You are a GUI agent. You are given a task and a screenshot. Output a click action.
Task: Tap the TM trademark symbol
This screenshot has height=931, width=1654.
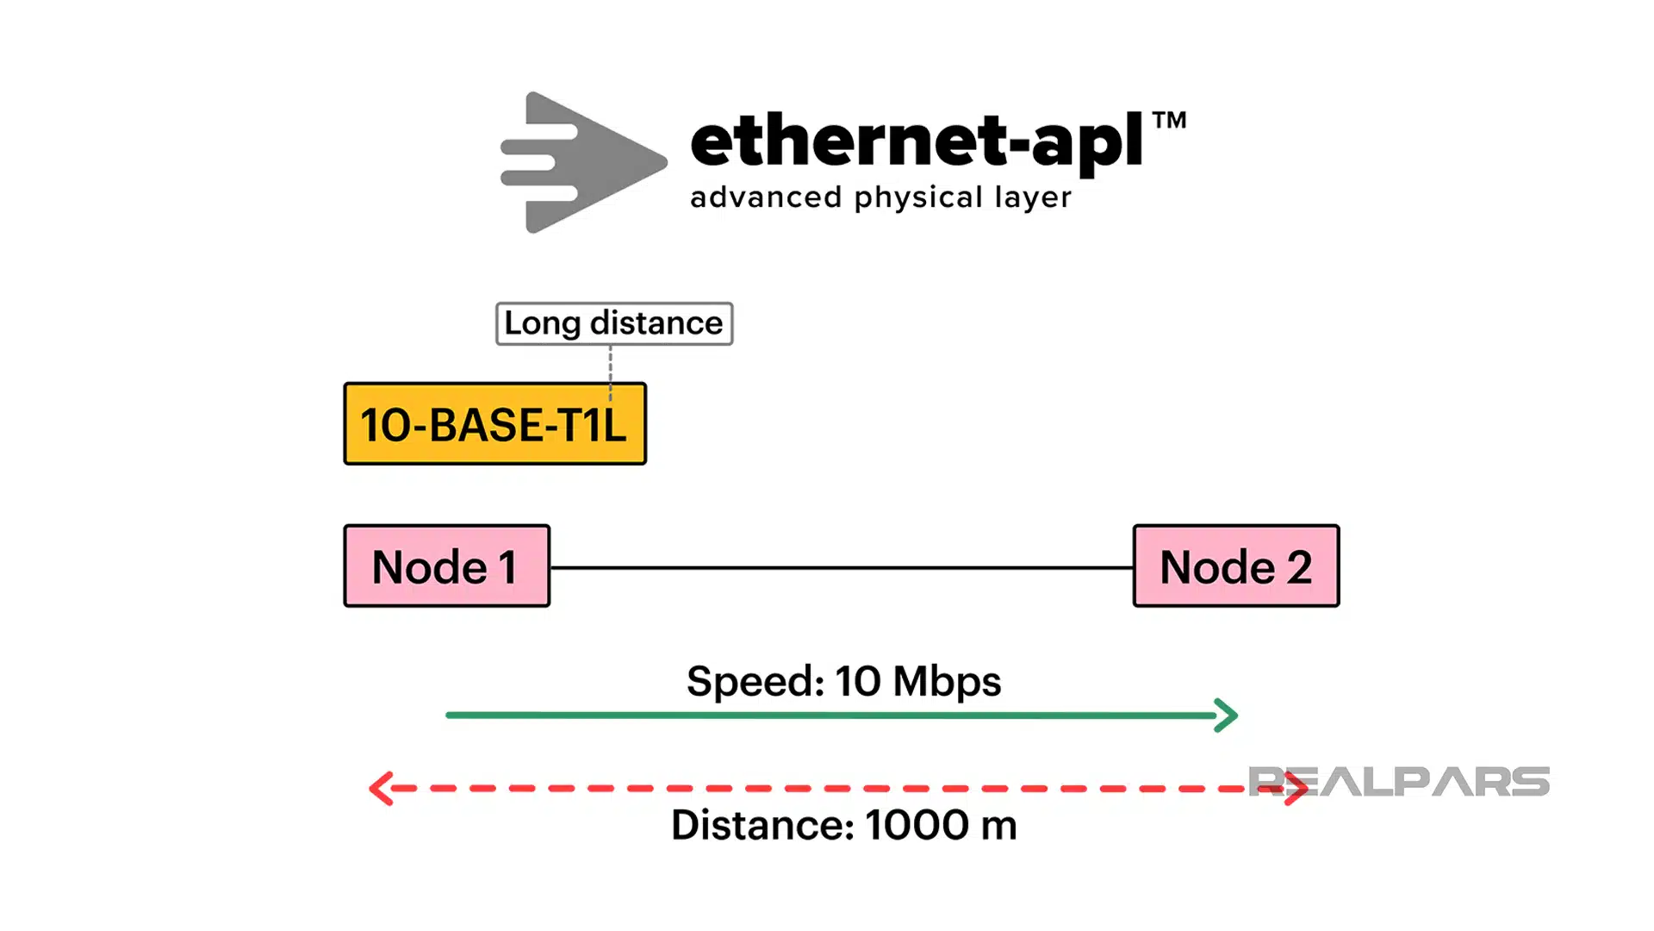coord(1169,120)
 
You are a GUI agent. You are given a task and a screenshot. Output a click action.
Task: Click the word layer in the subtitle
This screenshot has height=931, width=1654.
coord(1033,198)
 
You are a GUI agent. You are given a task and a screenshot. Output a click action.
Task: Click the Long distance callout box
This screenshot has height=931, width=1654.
coord(613,323)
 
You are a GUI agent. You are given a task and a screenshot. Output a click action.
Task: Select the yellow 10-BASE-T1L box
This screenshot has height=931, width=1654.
coord(494,424)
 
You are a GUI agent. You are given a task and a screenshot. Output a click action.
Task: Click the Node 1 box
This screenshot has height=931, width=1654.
coord(446,566)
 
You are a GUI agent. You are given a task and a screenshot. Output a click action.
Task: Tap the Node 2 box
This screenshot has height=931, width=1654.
coord(1235,566)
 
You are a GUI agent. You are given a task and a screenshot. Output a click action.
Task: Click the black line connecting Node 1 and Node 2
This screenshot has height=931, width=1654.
coord(841,568)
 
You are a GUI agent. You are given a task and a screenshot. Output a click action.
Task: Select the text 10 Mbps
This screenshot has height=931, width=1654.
coord(917,681)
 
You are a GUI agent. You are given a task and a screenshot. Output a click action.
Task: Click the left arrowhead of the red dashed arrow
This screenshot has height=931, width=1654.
coord(380,788)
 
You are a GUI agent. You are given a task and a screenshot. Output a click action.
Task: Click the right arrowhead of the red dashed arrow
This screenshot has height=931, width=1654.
coord(1297,788)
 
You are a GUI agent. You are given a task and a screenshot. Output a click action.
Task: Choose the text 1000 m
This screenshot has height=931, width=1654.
coord(941,825)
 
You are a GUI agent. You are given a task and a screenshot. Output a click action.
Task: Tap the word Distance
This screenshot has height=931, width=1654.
coord(762,825)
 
